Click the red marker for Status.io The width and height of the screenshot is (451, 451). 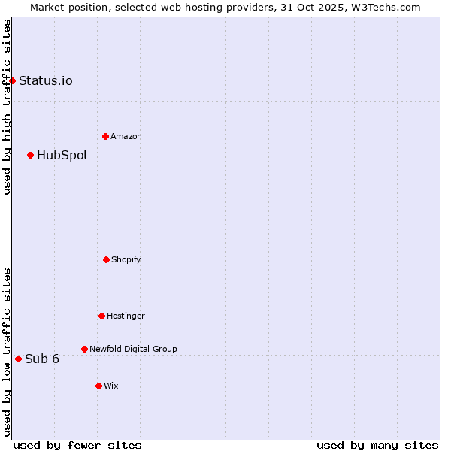click(x=12, y=80)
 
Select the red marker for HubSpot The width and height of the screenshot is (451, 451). click(x=30, y=155)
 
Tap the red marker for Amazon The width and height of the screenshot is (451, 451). click(x=105, y=136)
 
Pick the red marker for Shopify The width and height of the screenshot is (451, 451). click(x=106, y=259)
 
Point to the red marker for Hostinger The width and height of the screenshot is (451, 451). click(x=101, y=316)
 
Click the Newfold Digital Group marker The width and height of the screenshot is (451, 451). click(x=84, y=349)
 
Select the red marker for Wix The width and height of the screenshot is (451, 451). click(x=98, y=386)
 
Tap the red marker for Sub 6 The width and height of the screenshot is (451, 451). click(x=18, y=359)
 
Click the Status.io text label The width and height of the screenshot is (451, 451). click(x=46, y=81)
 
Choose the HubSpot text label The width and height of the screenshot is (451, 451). click(x=62, y=156)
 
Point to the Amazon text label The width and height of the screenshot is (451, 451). click(x=126, y=137)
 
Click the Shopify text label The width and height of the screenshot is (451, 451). click(x=126, y=260)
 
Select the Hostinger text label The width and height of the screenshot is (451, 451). click(x=126, y=316)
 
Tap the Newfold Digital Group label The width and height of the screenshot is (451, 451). click(x=133, y=350)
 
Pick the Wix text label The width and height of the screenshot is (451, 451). click(x=111, y=386)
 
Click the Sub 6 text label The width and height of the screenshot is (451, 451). click(x=42, y=359)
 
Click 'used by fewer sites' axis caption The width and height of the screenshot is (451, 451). click(x=77, y=446)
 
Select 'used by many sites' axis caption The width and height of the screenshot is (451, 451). click(x=377, y=446)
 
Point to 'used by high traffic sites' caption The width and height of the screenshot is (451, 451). click(x=7, y=107)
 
